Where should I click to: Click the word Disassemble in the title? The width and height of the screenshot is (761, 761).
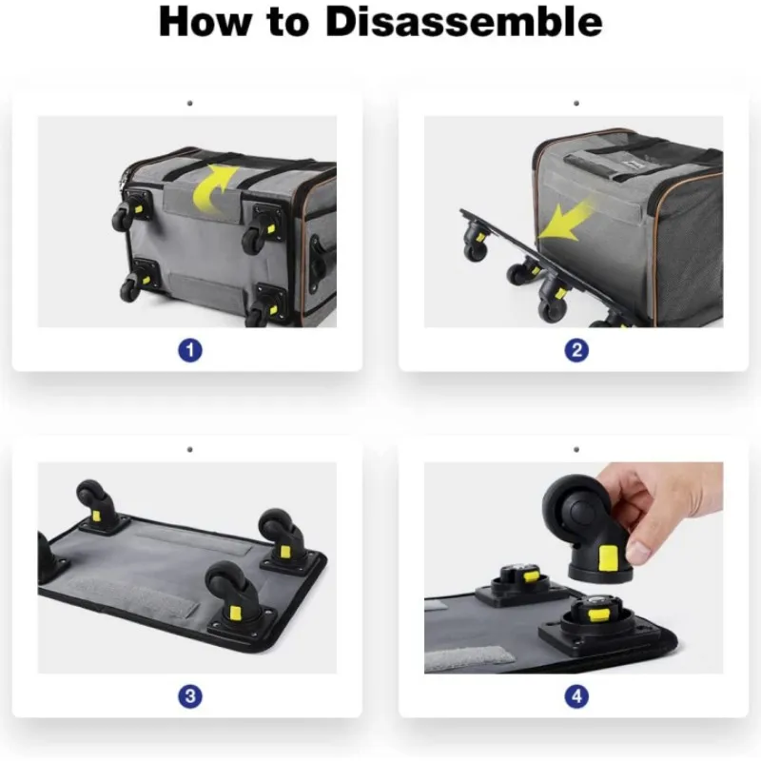(463, 22)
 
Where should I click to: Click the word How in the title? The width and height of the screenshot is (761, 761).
(205, 22)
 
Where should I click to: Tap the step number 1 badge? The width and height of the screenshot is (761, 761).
(189, 350)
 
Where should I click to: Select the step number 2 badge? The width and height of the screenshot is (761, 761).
(576, 350)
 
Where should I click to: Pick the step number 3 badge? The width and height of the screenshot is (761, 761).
(189, 696)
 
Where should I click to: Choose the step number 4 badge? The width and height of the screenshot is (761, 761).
(576, 696)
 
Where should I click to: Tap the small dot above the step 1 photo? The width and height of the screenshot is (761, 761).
(189, 104)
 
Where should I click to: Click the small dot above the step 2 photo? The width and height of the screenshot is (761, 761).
(576, 104)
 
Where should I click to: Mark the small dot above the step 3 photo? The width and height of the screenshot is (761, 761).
(189, 449)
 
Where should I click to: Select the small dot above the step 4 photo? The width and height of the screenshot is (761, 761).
(576, 449)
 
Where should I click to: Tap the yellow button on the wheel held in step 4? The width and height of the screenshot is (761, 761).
(609, 558)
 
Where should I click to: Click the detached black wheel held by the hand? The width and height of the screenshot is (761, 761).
(588, 528)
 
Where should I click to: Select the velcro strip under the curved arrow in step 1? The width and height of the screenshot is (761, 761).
(203, 200)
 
